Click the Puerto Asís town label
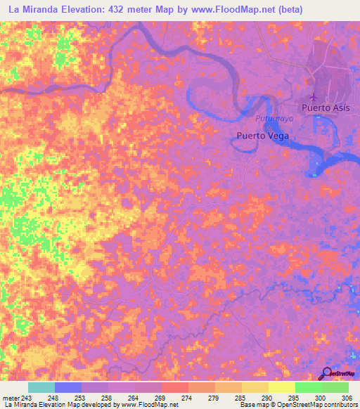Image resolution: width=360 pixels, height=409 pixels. coord(326,108)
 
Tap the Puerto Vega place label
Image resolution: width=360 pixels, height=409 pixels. coord(262,136)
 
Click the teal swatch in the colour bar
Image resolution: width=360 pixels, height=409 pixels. coord(41,387)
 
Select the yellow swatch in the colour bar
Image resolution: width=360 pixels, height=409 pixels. coord(281,387)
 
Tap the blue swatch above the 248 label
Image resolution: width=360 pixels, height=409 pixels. coord(68,387)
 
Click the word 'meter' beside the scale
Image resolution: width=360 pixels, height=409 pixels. coord(11,398)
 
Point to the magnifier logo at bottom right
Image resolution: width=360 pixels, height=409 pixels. coord(327,374)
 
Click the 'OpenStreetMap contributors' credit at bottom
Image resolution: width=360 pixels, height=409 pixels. coord(319,405)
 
